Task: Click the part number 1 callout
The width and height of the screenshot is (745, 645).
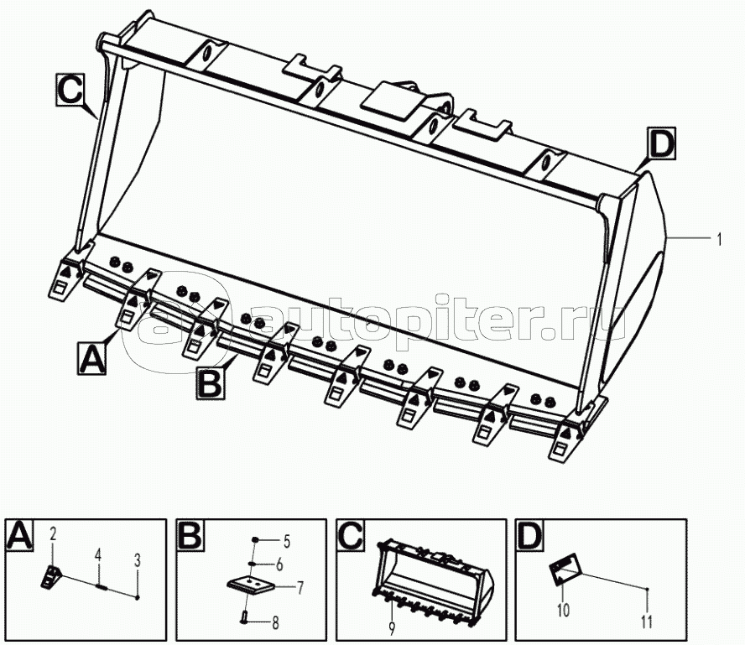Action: [x=719, y=240]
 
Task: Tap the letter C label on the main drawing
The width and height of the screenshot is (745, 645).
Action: [x=70, y=88]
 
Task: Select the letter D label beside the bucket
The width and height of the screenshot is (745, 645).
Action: [x=661, y=145]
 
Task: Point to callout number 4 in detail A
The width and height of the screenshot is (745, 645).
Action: [x=97, y=554]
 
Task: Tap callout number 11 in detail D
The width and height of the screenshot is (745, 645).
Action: [x=646, y=622]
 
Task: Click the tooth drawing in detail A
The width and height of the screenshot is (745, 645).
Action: [x=51, y=576]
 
